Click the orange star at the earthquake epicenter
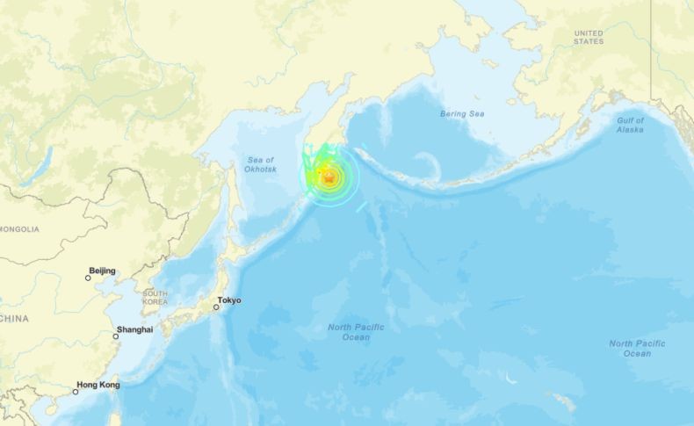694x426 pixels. (329, 177)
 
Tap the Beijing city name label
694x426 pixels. (102, 271)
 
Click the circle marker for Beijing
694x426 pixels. (88, 278)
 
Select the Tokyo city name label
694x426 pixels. (229, 300)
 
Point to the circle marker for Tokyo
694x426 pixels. (216, 307)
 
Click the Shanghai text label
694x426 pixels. (134, 329)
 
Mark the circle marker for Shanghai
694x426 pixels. (116, 336)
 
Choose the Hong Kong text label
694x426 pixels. (98, 385)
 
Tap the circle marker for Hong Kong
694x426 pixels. (76, 391)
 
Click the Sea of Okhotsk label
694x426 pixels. (259, 162)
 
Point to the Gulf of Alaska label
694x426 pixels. (630, 125)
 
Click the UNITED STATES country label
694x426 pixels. (589, 37)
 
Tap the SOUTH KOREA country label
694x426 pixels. (155, 298)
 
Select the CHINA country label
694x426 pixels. (13, 318)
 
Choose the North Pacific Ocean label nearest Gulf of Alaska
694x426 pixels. (637, 348)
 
